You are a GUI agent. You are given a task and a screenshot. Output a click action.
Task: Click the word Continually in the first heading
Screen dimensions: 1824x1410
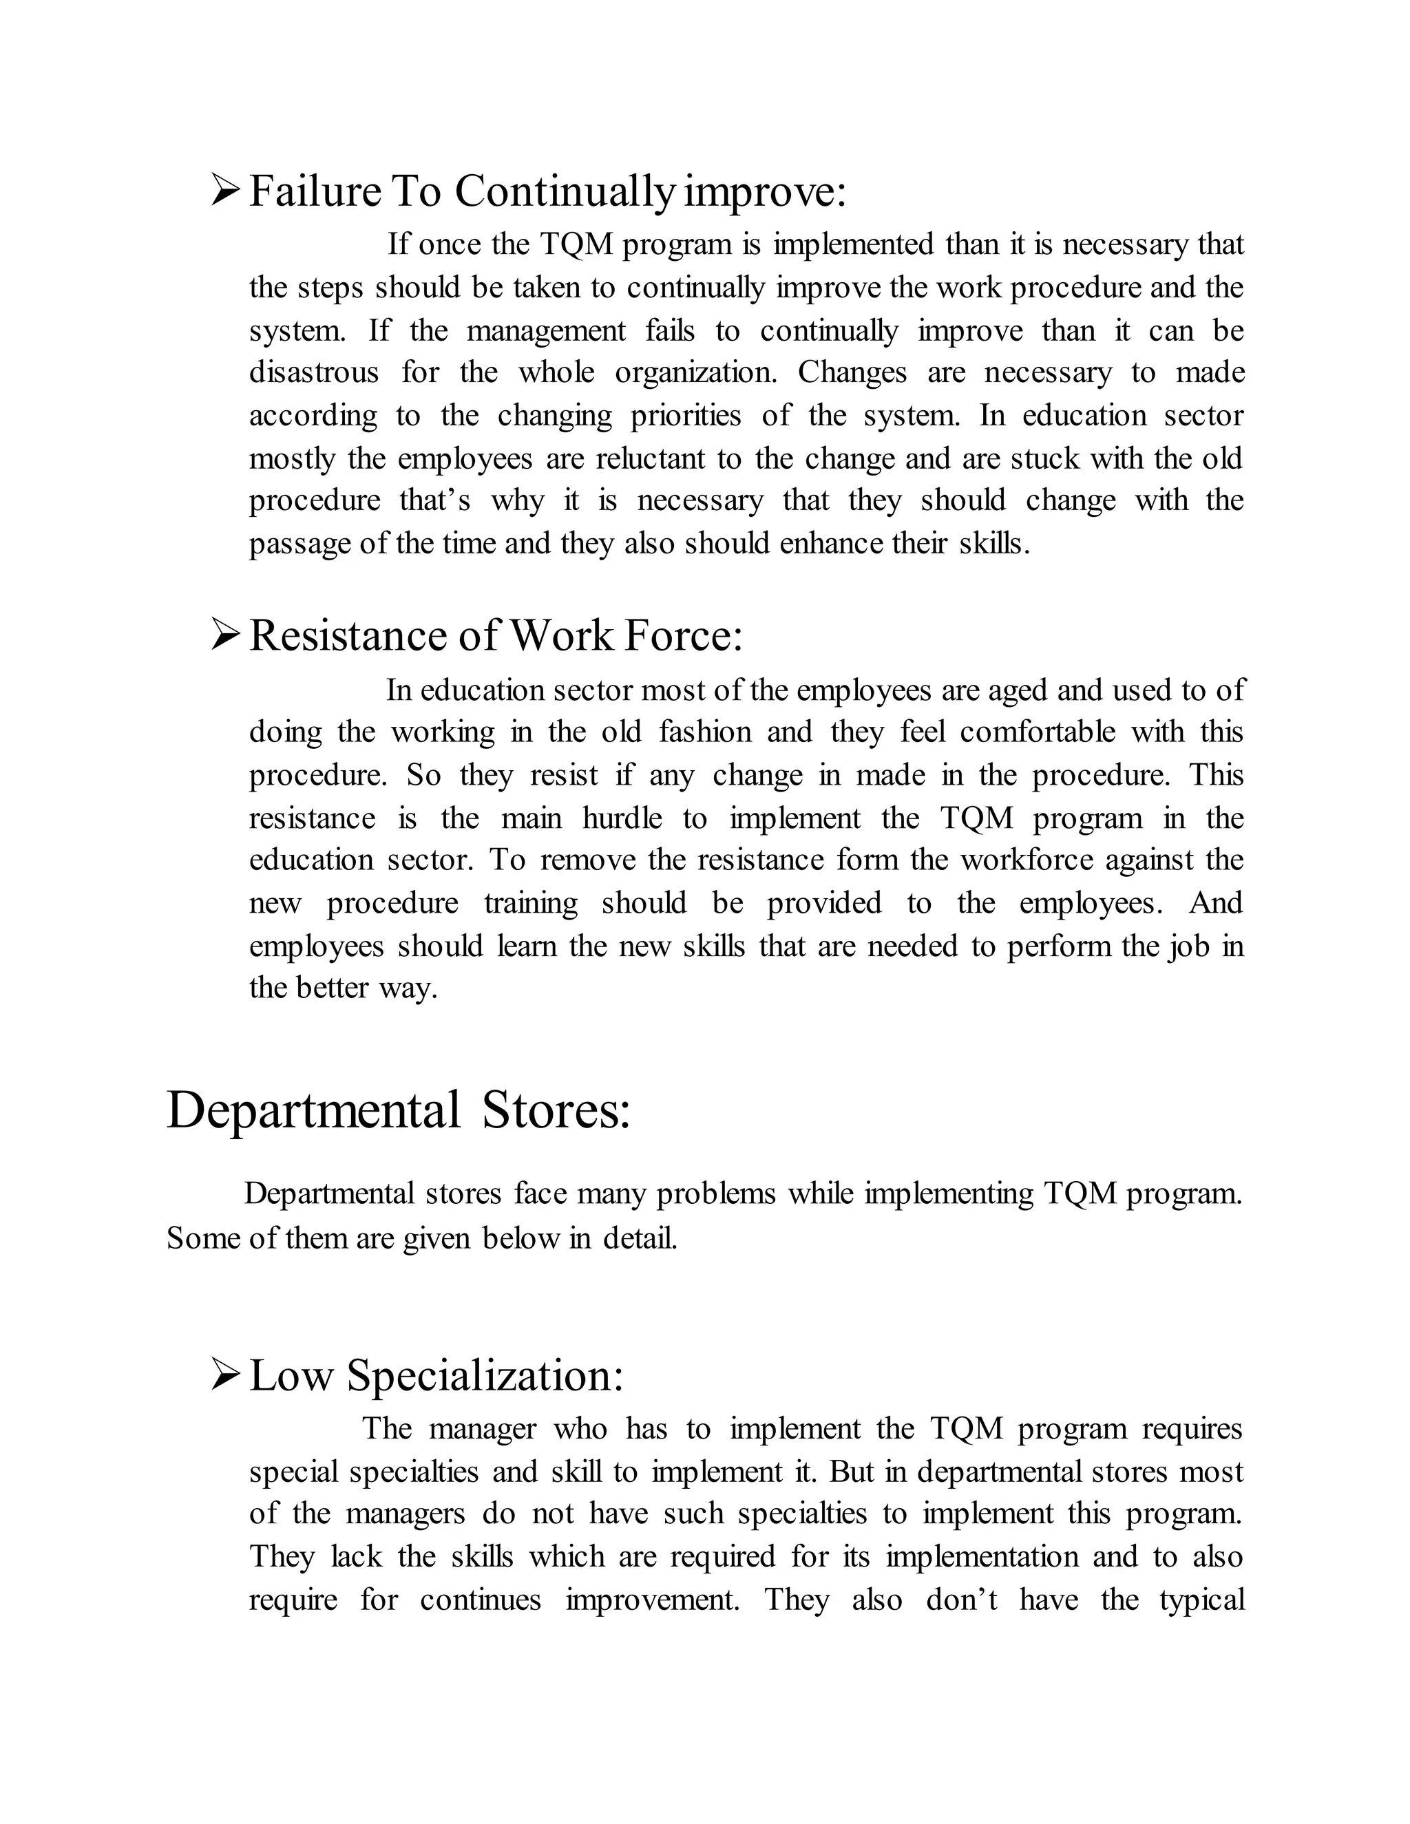click(564, 191)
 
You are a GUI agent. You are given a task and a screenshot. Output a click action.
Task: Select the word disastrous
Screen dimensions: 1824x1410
click(313, 372)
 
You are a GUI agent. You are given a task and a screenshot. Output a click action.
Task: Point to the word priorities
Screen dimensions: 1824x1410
click(685, 416)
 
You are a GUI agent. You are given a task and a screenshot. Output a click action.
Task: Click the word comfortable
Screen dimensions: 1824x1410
click(1037, 732)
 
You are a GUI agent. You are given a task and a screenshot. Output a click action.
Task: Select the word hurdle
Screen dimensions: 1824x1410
click(622, 818)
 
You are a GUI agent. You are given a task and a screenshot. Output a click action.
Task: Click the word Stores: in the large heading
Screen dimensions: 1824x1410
click(556, 1111)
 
